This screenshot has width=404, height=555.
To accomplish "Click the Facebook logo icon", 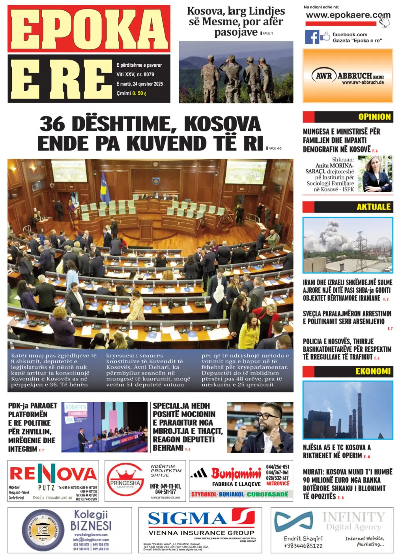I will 312,37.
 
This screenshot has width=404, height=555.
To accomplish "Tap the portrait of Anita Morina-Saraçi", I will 378,174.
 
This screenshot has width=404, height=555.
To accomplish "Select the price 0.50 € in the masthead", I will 139,94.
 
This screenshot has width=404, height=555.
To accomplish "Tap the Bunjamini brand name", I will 236,473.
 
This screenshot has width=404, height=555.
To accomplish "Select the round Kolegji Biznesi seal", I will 43,530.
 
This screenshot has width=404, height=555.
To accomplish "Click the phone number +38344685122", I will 303,546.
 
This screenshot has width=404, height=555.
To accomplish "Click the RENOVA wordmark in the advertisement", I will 53,474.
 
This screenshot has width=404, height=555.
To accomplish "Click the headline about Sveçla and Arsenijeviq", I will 347,317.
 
